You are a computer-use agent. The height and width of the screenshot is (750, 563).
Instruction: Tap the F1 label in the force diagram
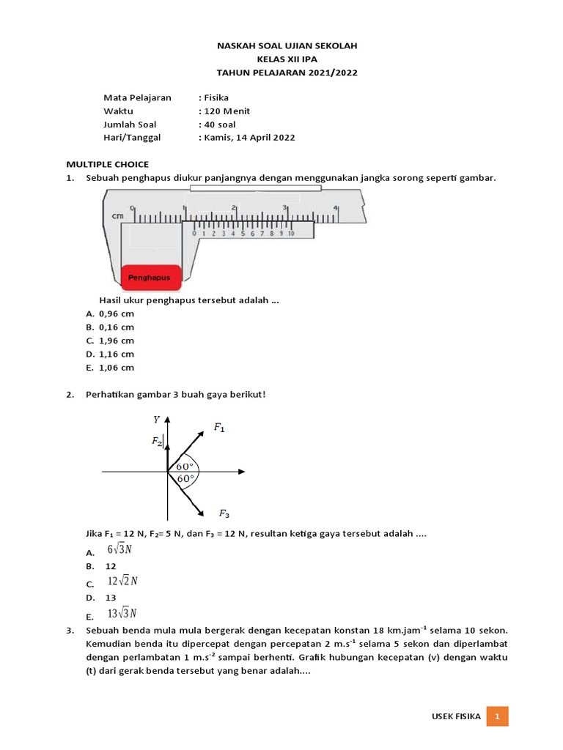218,426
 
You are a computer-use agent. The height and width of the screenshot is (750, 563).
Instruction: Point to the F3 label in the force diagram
224,513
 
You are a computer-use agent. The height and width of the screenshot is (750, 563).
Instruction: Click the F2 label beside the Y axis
157,441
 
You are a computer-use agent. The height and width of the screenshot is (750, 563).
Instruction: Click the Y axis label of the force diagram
156,419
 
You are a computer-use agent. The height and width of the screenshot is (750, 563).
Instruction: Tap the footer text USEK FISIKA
456,716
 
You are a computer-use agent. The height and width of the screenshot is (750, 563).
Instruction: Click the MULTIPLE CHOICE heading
107,164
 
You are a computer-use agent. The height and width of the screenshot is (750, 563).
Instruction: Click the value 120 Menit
227,111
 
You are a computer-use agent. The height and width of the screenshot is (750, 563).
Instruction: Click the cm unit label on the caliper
117,217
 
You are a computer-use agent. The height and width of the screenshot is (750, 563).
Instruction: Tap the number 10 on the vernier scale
290,234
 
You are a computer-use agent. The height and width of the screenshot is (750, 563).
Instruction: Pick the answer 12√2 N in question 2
122,582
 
